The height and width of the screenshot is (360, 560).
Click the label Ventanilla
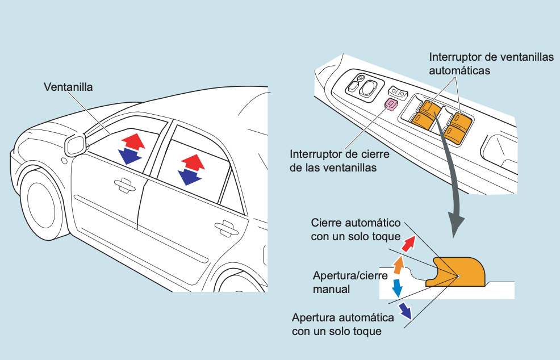point(68,87)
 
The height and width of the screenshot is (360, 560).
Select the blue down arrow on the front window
point(130,155)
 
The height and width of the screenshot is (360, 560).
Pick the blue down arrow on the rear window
point(189,177)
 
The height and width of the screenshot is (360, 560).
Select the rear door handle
point(226,227)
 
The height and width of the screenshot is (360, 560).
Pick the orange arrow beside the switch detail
point(399,263)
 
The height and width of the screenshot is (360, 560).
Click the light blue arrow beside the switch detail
point(397,286)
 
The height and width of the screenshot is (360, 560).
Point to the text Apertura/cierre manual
point(350,282)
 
